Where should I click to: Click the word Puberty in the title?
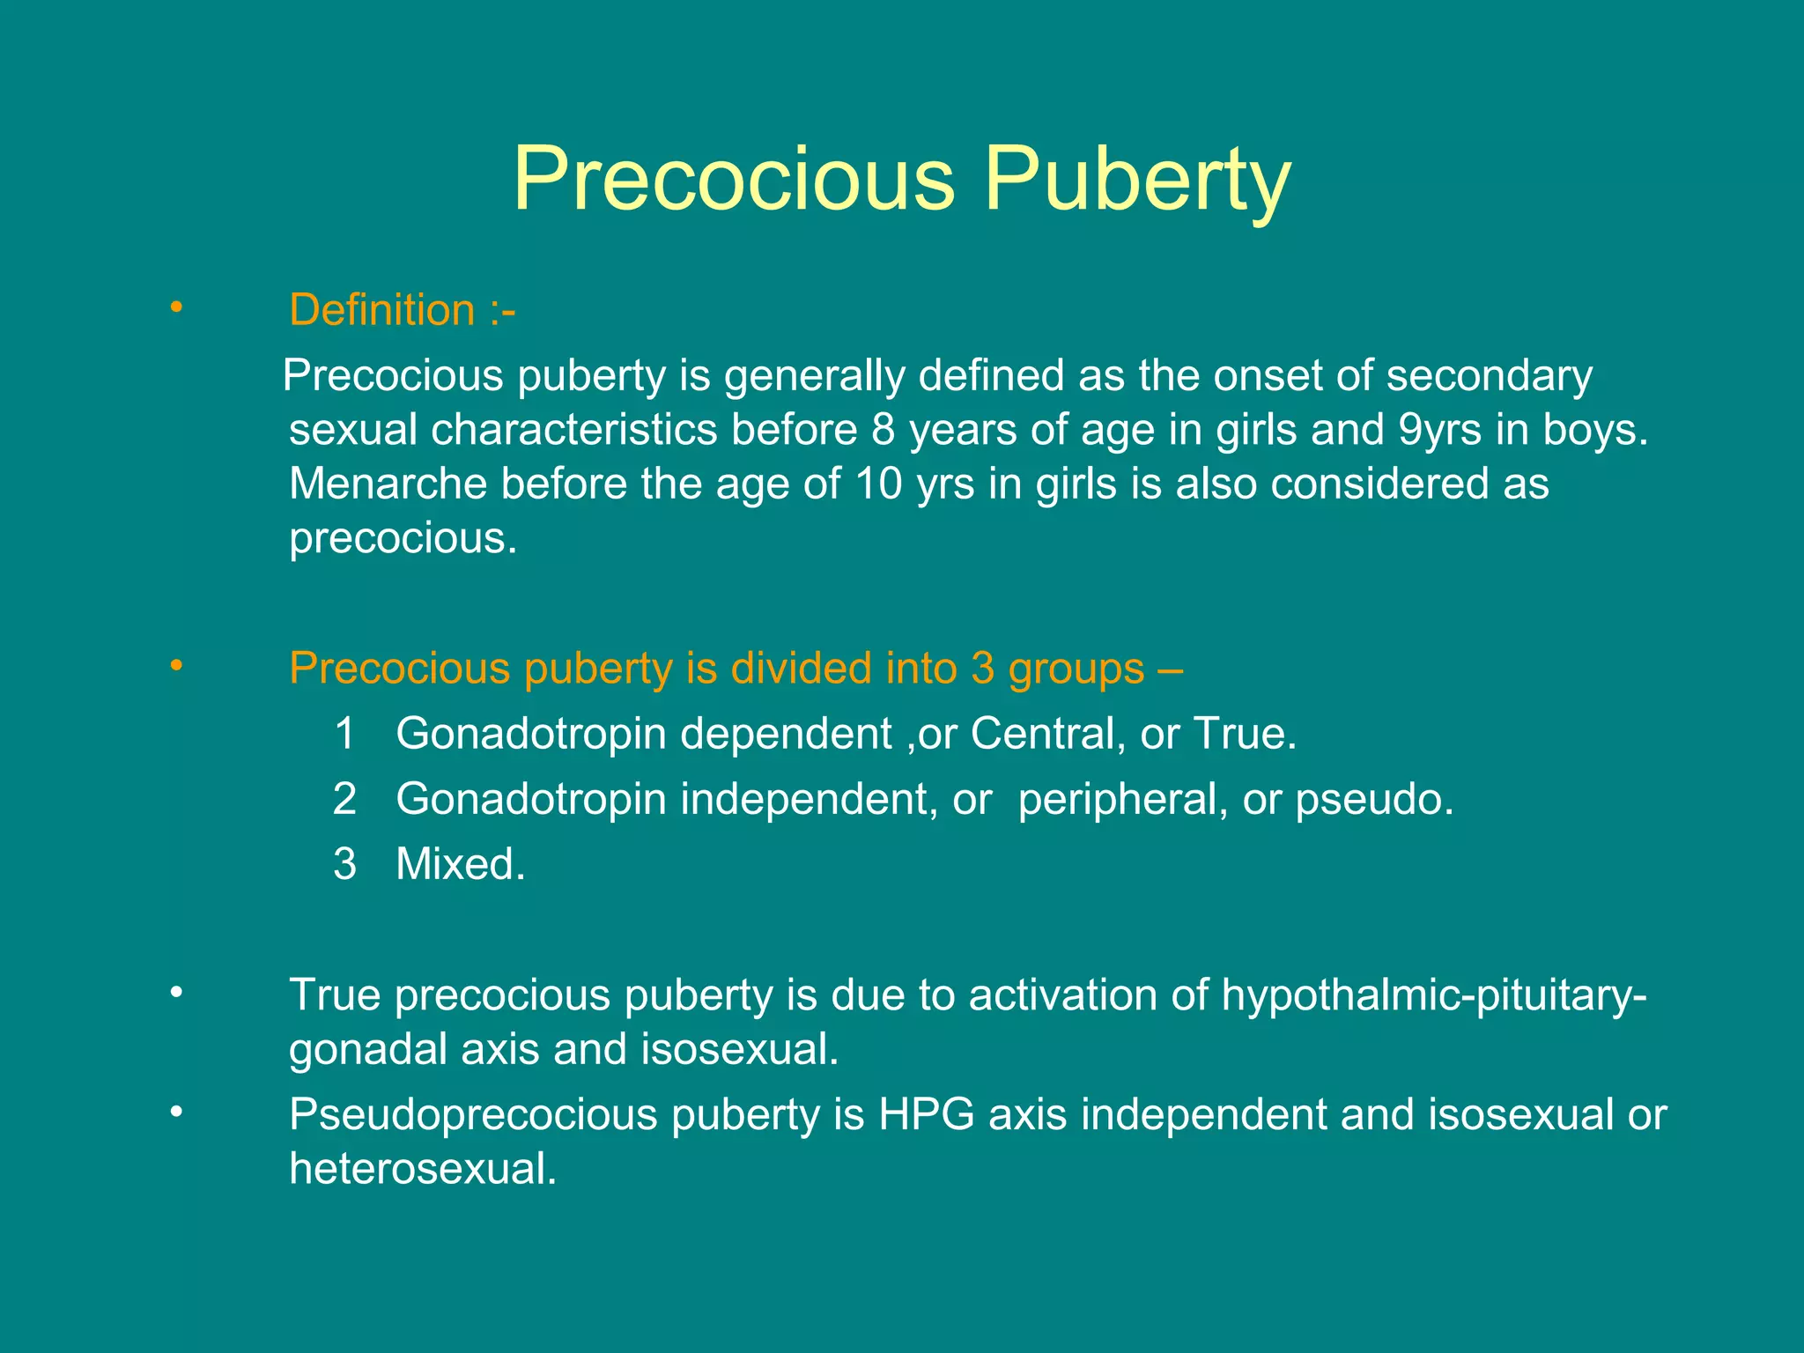pyautogui.click(x=1137, y=181)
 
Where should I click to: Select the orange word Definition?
pyautogui.click(x=382, y=311)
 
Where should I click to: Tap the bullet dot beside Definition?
pyautogui.click(x=177, y=307)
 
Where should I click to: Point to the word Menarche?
pyautogui.click(x=388, y=484)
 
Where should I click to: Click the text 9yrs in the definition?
pyautogui.click(x=1439, y=431)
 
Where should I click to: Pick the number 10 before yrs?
pyautogui.click(x=878, y=484)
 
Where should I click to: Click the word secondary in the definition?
pyautogui.click(x=1490, y=376)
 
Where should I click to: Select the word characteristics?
pyautogui.click(x=573, y=431)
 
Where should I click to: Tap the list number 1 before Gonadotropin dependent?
pyautogui.click(x=345, y=734)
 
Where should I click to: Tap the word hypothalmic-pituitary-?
pyautogui.click(x=1433, y=995)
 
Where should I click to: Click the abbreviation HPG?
pyautogui.click(x=926, y=1115)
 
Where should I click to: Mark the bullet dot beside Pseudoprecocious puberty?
pyautogui.click(x=177, y=1112)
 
